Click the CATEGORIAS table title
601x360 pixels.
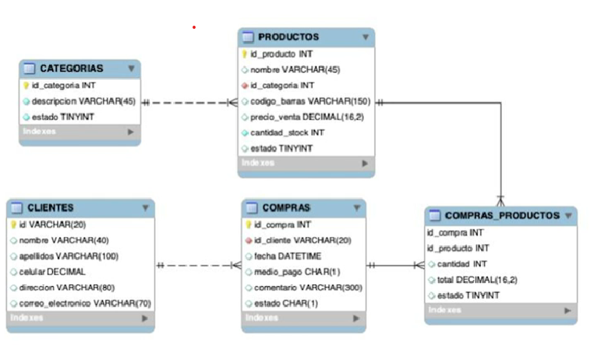point(71,69)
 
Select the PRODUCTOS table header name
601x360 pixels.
point(288,37)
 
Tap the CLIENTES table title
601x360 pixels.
point(51,208)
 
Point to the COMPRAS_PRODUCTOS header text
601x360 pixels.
point(502,215)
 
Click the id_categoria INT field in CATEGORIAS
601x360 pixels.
point(63,85)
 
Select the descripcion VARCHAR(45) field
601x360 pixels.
point(83,101)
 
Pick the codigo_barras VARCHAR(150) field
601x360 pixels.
point(309,101)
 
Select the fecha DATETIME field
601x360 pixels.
point(288,256)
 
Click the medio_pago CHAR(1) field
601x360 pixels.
point(291,271)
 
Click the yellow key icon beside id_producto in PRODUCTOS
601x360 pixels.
point(243,55)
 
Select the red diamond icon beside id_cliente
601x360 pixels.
point(248,240)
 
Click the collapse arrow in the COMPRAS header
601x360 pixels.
point(356,208)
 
